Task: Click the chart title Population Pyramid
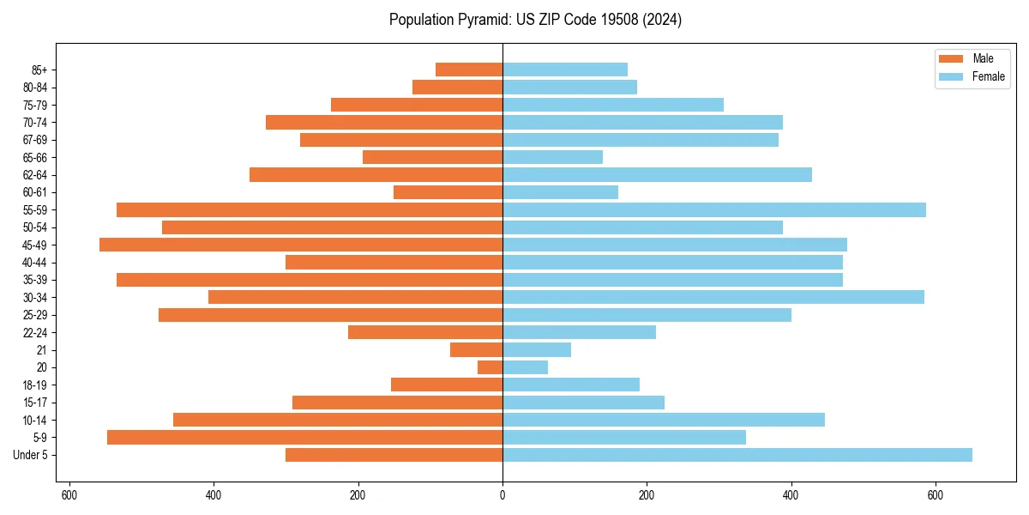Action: (535, 20)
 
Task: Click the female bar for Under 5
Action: (737, 455)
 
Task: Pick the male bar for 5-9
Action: (304, 437)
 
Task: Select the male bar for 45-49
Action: (301, 245)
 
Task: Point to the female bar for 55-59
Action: (714, 209)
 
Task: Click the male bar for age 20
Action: (490, 367)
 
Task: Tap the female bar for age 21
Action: (537, 349)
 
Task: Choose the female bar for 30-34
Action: (713, 297)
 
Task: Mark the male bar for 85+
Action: (469, 70)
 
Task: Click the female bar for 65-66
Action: (552, 157)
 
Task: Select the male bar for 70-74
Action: (384, 122)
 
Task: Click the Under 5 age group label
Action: (30, 455)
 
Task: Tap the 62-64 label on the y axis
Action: (34, 174)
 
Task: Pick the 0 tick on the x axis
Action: (502, 494)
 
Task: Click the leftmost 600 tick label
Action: (69, 494)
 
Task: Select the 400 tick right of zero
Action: (791, 494)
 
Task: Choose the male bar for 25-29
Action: (330, 315)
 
